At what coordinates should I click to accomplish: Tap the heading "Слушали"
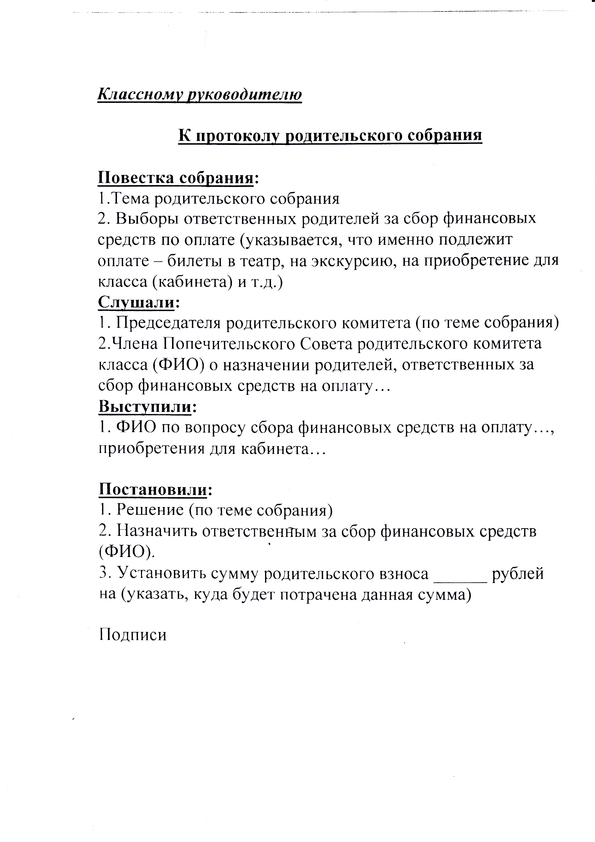tap(136, 302)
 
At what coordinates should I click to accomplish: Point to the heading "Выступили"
tap(145, 407)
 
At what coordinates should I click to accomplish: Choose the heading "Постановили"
tap(153, 489)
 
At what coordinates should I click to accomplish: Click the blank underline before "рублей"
tap(460, 574)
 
